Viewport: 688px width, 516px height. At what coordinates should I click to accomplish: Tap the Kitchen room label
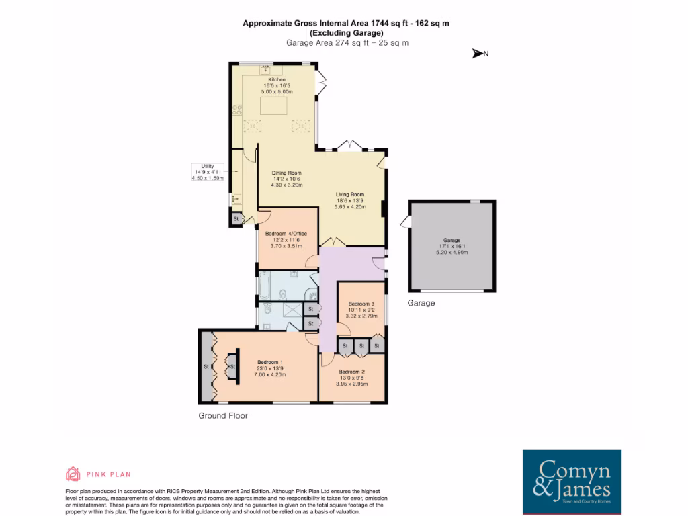[277, 79]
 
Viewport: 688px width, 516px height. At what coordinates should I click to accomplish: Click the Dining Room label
[287, 173]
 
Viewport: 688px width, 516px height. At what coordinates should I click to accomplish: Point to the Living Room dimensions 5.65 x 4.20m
[351, 207]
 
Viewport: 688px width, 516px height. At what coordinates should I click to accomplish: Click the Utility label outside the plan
[207, 166]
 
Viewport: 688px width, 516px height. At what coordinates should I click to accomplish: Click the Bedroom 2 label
[351, 372]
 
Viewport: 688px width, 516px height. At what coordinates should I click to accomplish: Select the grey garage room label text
[451, 240]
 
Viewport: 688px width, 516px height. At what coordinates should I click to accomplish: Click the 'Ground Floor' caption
[223, 416]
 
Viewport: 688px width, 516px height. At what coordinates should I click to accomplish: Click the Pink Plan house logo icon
[73, 474]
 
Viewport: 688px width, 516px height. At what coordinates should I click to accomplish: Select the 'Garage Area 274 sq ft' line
[347, 42]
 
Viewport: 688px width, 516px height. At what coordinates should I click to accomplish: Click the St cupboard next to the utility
[236, 219]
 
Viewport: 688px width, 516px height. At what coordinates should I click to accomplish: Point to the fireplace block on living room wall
[383, 209]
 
